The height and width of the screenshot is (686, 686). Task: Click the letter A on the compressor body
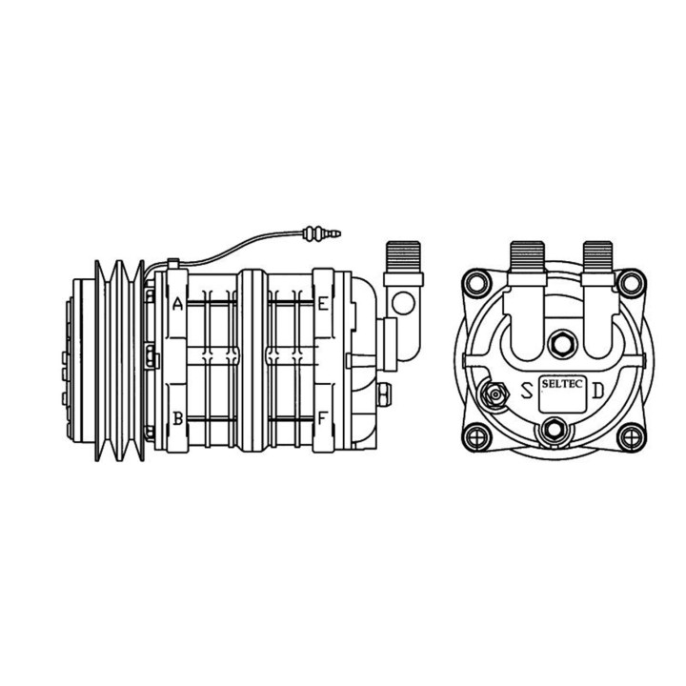[177, 305]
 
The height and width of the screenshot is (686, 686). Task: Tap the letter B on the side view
[177, 417]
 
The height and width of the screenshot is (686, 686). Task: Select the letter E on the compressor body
[324, 305]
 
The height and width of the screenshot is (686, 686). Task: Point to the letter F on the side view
[324, 417]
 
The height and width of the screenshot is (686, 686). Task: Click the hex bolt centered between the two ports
[562, 341]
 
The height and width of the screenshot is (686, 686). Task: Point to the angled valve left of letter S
[495, 393]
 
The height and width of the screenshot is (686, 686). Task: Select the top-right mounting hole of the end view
[628, 283]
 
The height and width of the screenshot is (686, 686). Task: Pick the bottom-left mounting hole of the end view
[474, 436]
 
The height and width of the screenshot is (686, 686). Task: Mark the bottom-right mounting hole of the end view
[628, 436]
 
